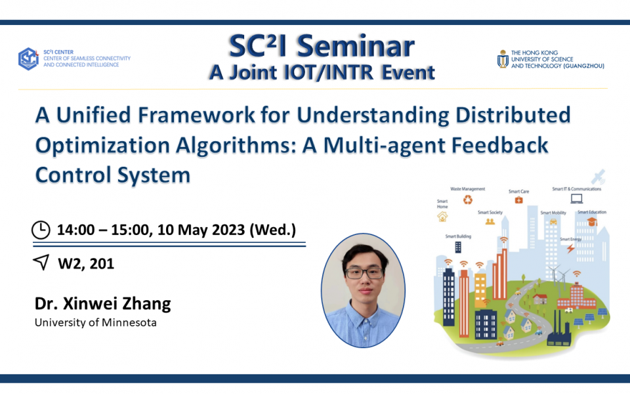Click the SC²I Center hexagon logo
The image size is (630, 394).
tap(28, 58)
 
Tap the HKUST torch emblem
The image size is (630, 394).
tap(503, 59)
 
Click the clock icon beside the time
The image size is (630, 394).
tap(41, 229)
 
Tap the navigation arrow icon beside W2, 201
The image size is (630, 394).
tap(41, 263)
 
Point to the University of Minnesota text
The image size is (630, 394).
tap(95, 322)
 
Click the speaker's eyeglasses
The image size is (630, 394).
tap(362, 273)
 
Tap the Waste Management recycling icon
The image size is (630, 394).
tap(468, 200)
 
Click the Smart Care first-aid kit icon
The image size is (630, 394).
tap(518, 200)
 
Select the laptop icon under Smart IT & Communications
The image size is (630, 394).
tap(577, 198)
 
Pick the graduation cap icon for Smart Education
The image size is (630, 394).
tap(592, 222)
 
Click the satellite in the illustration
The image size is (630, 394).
tap(598, 177)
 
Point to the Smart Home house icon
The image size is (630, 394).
tap(442, 216)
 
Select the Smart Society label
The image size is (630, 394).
tap(490, 213)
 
